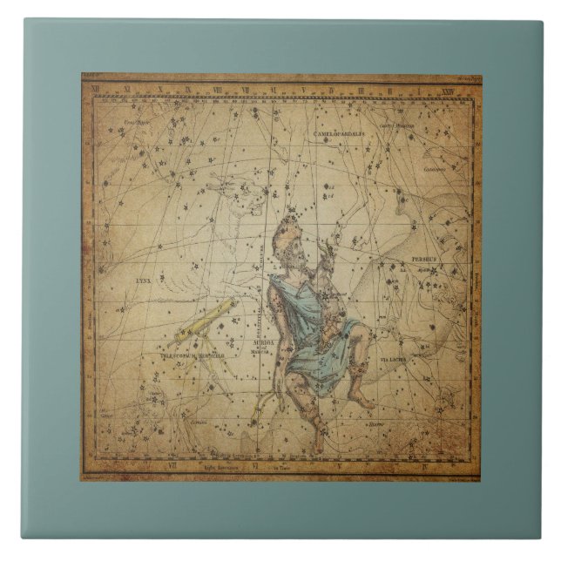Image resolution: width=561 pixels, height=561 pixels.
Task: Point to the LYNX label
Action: click(143, 282)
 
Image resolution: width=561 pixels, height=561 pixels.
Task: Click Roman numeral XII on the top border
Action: click(128, 88)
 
